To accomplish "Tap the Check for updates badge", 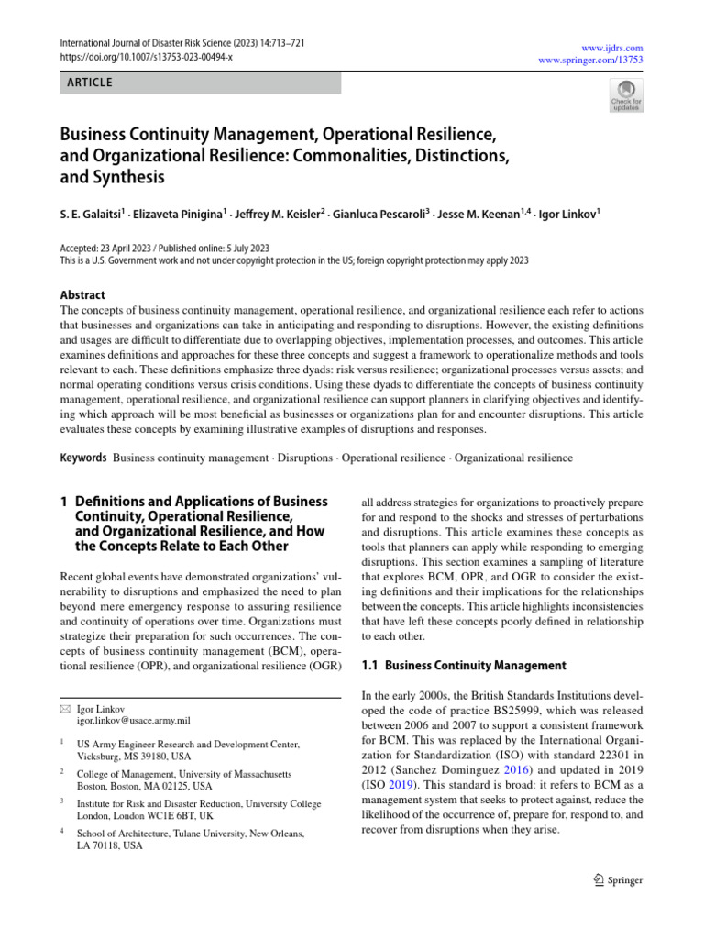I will (x=626, y=95).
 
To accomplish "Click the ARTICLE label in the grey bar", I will (x=90, y=83).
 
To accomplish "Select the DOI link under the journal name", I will (x=147, y=57).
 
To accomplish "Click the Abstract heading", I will (x=82, y=295).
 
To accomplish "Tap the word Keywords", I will (x=83, y=458).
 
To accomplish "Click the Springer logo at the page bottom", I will (x=618, y=880).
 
